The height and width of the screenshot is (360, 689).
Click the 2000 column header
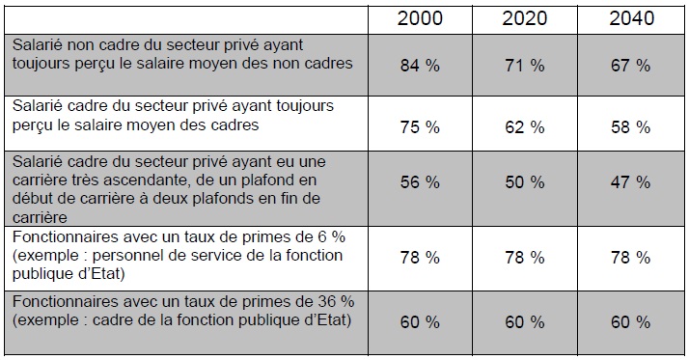pyautogui.click(x=420, y=18)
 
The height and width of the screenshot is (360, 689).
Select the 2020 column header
pyautogui.click(x=525, y=18)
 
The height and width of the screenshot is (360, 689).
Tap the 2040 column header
pyautogui.click(x=631, y=18)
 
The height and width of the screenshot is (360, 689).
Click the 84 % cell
pyautogui.click(x=420, y=66)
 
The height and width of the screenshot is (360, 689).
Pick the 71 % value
pyautogui.click(x=525, y=66)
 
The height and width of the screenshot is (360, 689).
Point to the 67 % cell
pyautogui.click(x=630, y=66)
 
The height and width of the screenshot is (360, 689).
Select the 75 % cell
pyautogui.click(x=420, y=127)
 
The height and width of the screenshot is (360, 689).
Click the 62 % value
pyautogui.click(x=525, y=127)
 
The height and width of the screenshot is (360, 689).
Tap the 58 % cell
pyautogui.click(x=630, y=127)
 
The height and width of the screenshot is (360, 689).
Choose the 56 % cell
pyautogui.click(x=420, y=182)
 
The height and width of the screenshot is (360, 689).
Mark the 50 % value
pyautogui.click(x=525, y=182)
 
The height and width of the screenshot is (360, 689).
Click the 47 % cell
pyautogui.click(x=630, y=182)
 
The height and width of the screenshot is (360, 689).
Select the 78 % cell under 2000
pyautogui.click(x=420, y=257)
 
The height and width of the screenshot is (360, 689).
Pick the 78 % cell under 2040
pyautogui.click(x=630, y=257)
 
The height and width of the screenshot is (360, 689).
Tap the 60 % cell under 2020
pyautogui.click(x=525, y=322)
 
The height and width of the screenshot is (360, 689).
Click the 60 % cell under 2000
pyautogui.click(x=420, y=322)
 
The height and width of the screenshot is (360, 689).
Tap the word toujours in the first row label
pyautogui.click(x=41, y=64)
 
